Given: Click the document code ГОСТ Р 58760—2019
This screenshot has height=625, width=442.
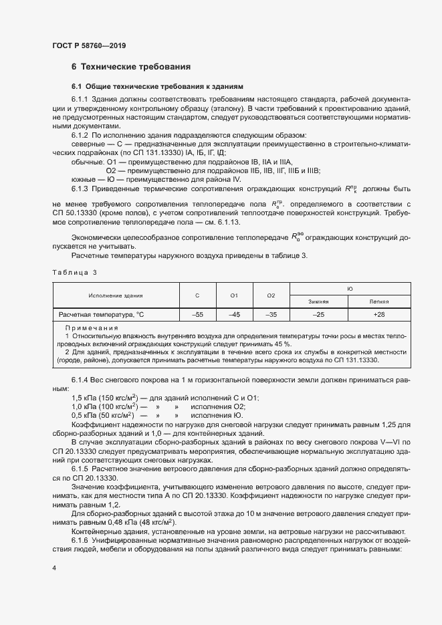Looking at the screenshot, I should click(x=88, y=45).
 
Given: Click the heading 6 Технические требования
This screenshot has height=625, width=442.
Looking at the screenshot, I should click(x=131, y=67).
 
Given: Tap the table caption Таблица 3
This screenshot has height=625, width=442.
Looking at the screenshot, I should click(x=75, y=272).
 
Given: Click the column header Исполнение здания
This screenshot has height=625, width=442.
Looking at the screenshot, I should click(x=116, y=295).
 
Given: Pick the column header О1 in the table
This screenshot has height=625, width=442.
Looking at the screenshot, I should click(x=234, y=295).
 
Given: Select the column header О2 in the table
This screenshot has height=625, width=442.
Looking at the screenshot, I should click(x=271, y=295).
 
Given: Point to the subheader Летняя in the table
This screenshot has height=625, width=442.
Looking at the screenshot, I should click(x=379, y=301).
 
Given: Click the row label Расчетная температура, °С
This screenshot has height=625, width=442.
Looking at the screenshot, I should click(x=101, y=314).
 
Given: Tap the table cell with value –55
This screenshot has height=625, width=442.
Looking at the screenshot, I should click(x=197, y=314).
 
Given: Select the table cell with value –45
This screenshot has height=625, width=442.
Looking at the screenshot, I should click(x=234, y=314).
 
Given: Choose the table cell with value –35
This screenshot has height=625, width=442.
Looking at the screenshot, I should click(x=271, y=314).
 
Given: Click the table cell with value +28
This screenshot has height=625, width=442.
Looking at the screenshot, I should click(x=379, y=314).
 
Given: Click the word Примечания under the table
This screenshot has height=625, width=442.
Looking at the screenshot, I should click(x=91, y=328).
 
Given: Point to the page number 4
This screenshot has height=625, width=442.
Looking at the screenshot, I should click(x=54, y=568).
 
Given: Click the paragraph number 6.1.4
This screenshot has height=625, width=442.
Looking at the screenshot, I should click(x=82, y=380).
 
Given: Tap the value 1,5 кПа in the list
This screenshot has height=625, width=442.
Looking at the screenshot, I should click(x=85, y=398).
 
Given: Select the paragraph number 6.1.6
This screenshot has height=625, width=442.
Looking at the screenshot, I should click(x=82, y=539).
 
